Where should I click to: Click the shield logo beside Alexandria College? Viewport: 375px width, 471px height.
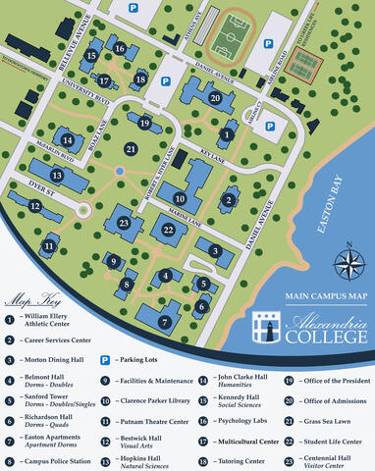pos(266,328)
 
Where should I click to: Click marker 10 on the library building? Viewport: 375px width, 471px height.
pos(180,199)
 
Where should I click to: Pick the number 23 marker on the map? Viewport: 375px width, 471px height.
pos(124,223)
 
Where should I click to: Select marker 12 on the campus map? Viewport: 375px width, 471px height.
pos(35,206)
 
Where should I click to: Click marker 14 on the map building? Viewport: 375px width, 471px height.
pos(67,140)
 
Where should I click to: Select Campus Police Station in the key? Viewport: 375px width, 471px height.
pos(60,461)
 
